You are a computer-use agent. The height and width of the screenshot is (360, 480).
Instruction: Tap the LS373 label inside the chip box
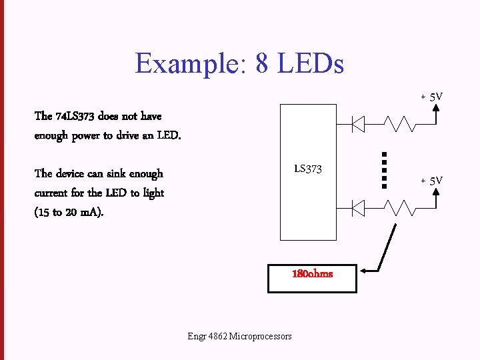click(308, 169)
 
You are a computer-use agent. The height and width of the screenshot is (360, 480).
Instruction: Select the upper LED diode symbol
click(358, 123)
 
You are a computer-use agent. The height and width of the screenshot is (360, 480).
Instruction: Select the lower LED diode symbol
click(358, 209)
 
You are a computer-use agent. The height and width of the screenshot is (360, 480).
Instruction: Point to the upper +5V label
click(431, 97)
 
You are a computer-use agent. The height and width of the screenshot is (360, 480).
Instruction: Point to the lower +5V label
click(431, 181)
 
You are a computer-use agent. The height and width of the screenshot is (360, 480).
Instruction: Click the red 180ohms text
click(312, 273)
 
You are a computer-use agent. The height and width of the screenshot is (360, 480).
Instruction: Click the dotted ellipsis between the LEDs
click(385, 171)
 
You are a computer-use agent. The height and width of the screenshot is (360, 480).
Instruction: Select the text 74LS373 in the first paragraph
click(75, 116)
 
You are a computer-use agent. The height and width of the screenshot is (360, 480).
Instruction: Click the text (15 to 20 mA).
click(69, 213)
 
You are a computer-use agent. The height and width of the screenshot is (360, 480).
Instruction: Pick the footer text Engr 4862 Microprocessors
click(239, 336)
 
